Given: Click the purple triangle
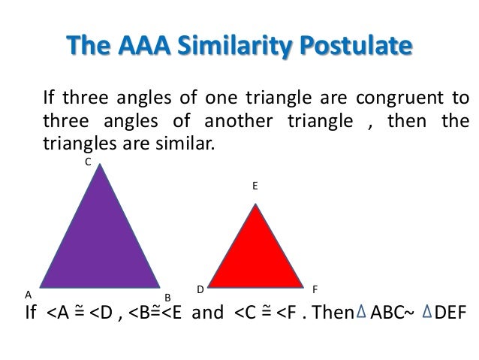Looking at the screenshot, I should pos(100,241).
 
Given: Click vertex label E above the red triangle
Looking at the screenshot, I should pos(255,183).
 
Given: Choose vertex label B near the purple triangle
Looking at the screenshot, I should pos(168,297).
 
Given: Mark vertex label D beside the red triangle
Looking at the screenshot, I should pos(200,289).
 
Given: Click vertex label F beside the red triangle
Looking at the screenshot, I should pos(315,289).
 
